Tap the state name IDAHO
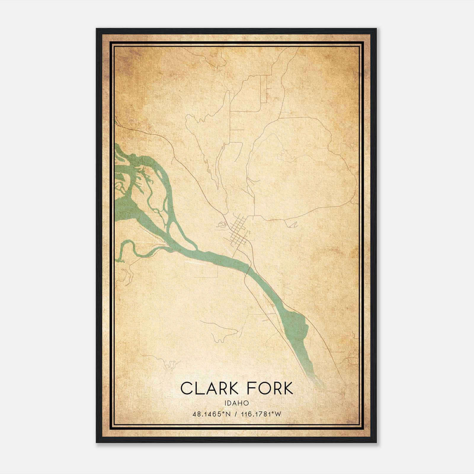point(236,403)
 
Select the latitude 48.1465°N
point(211,414)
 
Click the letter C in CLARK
point(186,388)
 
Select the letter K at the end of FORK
point(287,388)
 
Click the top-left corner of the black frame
point(97,29)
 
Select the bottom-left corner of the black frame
point(97,442)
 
